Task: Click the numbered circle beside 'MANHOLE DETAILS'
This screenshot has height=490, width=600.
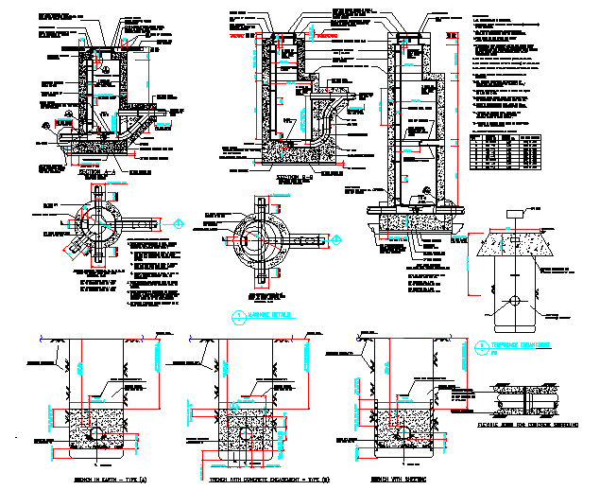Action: [238, 315]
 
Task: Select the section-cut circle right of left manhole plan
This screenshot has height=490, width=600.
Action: [180, 224]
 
